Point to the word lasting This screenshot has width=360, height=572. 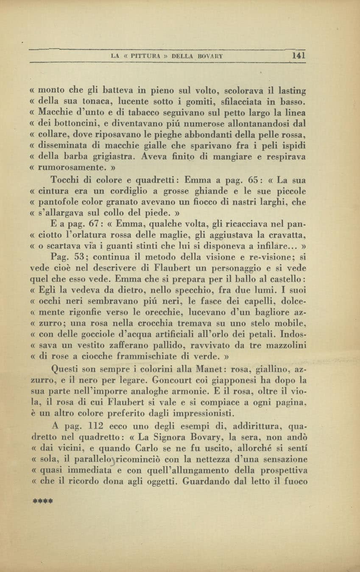click(x=292, y=91)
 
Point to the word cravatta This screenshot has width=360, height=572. click(x=288, y=235)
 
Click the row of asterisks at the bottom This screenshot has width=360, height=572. click(x=42, y=500)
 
